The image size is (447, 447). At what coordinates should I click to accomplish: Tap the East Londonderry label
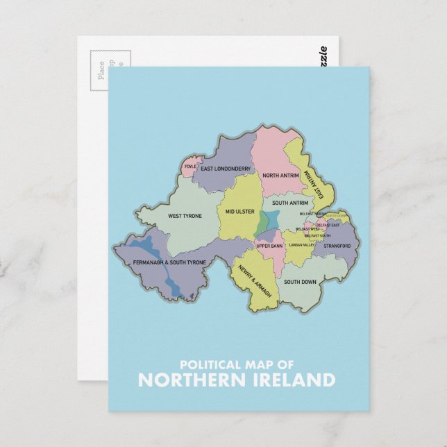[226, 169]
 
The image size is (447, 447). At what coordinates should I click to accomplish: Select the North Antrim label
[280, 176]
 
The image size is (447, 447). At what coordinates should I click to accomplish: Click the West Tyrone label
[185, 216]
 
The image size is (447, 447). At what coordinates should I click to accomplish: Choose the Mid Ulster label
[239, 211]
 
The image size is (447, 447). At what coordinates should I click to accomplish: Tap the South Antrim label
[289, 203]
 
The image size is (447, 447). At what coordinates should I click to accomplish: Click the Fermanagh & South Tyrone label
[169, 262]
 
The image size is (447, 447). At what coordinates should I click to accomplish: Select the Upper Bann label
[269, 246]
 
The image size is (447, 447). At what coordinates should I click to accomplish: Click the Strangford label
[337, 246]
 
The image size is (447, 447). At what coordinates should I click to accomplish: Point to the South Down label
[300, 282]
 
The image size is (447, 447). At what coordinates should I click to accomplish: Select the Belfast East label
[328, 225]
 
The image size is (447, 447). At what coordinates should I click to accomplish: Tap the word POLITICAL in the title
[206, 364]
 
